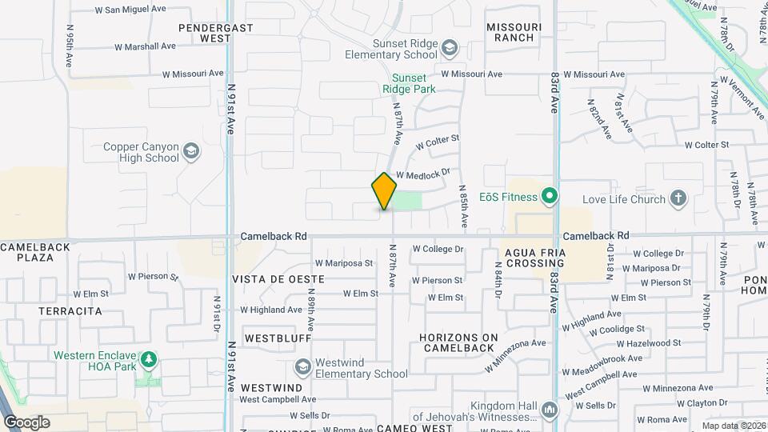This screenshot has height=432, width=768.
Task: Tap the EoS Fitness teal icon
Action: point(549,196)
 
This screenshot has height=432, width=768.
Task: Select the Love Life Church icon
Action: point(678,198)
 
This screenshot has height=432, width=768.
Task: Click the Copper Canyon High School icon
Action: point(190,151)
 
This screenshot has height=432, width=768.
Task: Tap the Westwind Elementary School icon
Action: point(302,367)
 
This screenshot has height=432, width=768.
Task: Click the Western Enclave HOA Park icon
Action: point(147,360)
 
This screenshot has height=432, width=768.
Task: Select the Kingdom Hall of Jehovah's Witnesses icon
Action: point(549,411)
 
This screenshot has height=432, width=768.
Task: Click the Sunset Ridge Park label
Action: point(409,83)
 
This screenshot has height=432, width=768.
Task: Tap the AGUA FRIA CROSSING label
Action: point(536,258)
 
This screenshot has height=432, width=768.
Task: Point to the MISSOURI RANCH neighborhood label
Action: point(514,32)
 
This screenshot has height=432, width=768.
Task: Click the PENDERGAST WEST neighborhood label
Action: point(215,32)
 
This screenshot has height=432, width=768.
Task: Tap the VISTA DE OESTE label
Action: point(278,279)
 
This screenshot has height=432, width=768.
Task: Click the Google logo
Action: point(26,422)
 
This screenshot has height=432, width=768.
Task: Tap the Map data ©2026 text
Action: point(733,426)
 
